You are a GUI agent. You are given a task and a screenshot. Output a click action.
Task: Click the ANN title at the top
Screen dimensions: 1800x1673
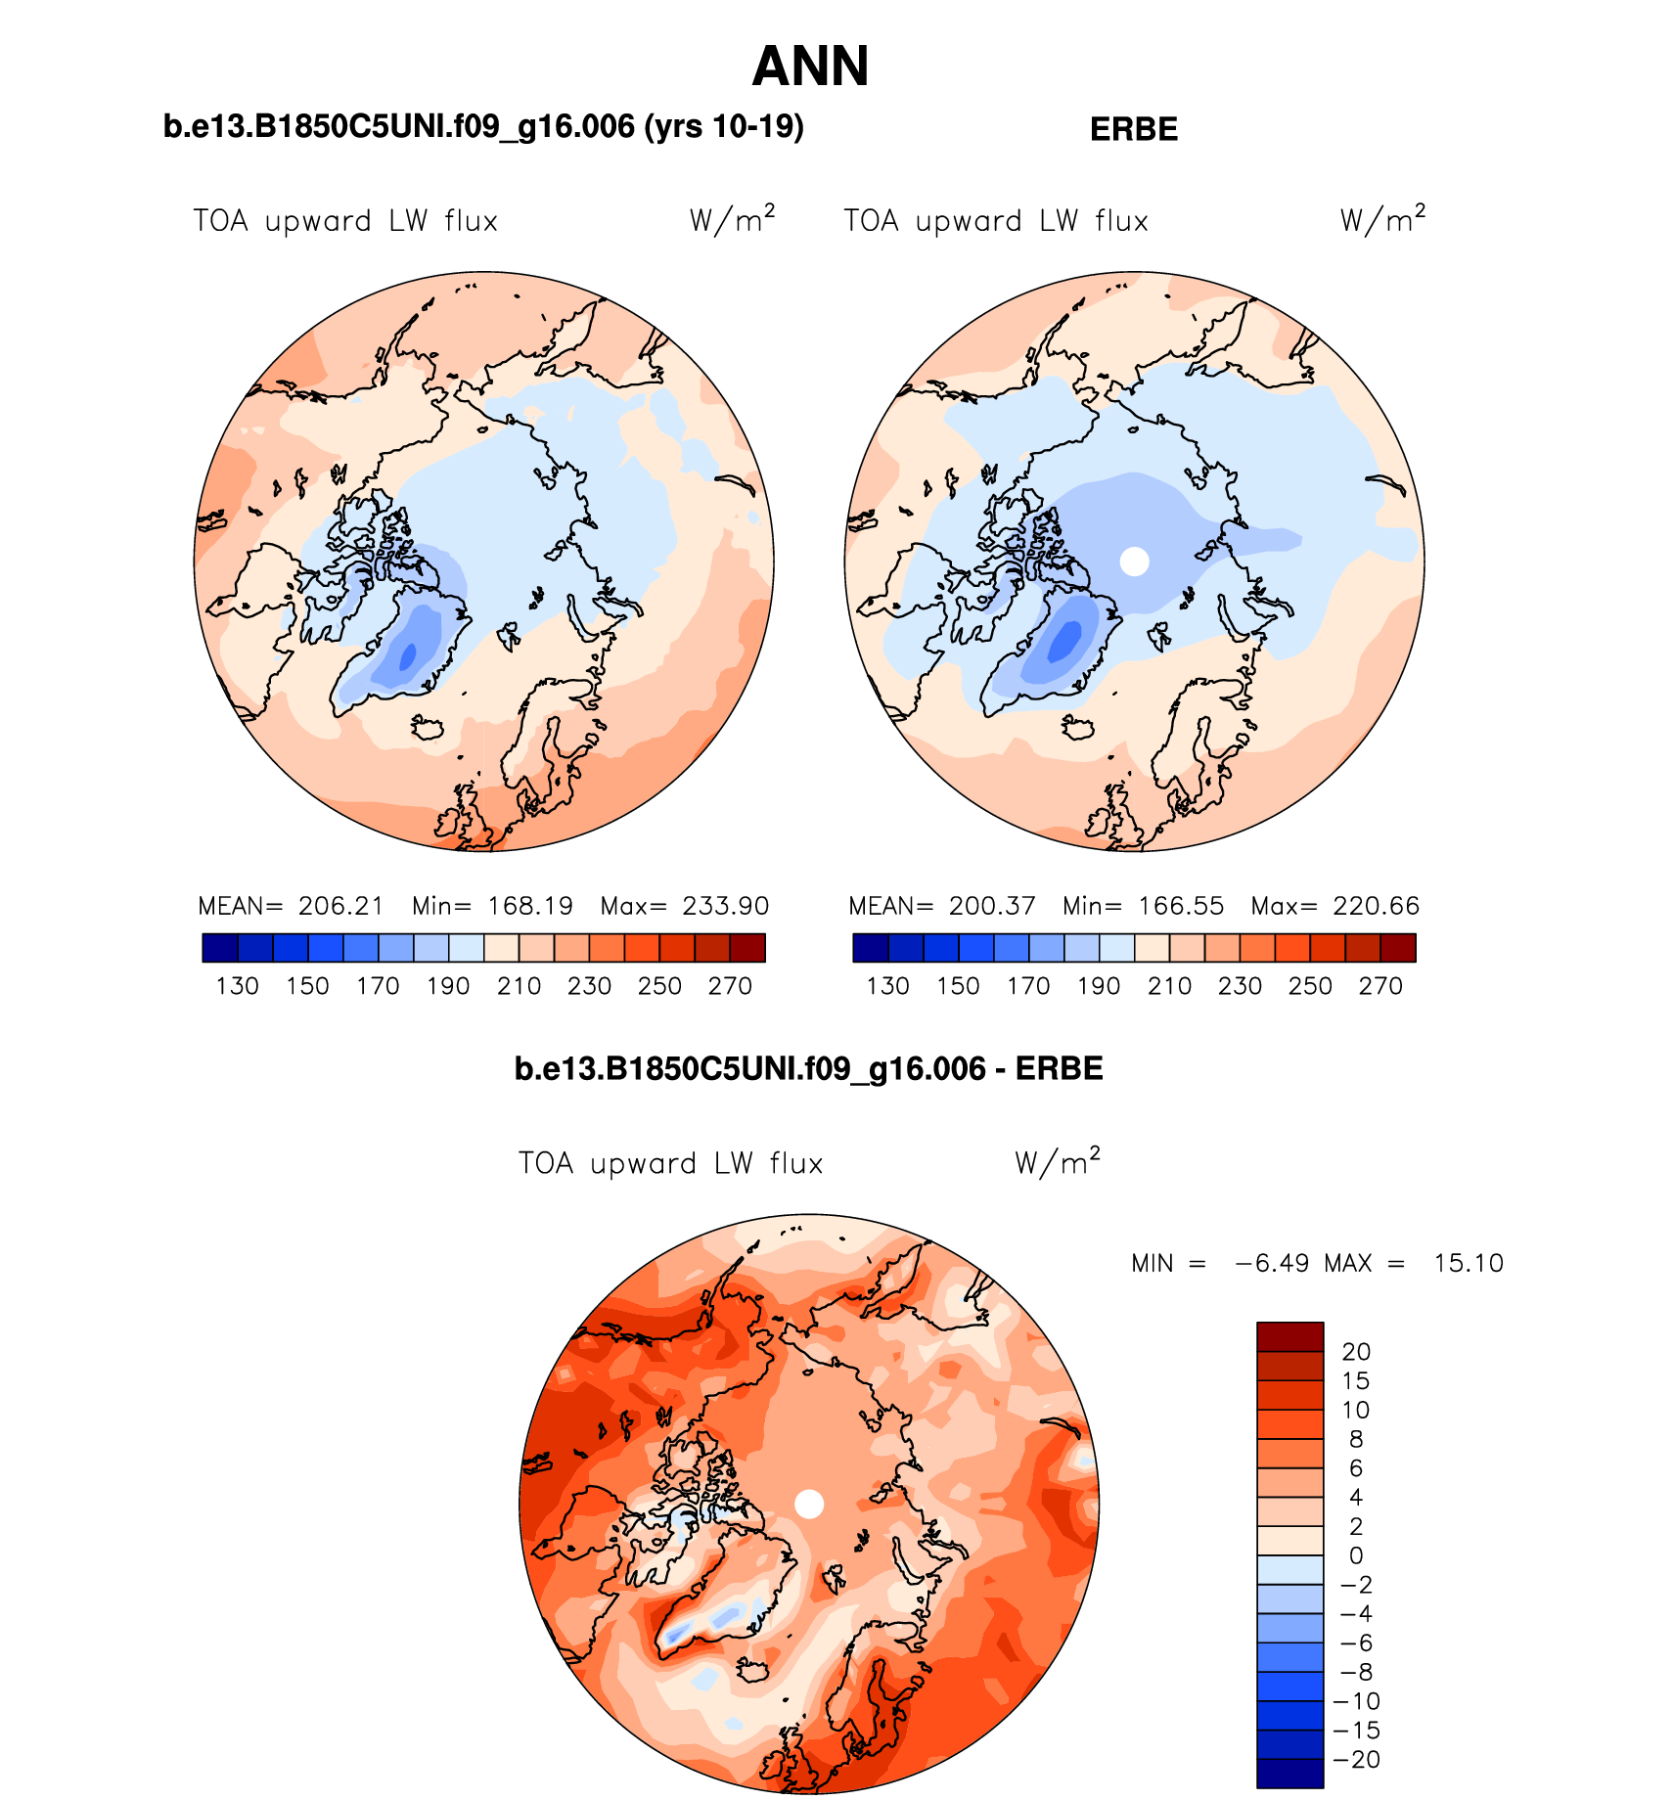click(x=810, y=67)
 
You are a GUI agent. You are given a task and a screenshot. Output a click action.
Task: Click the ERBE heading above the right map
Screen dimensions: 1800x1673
click(x=1133, y=129)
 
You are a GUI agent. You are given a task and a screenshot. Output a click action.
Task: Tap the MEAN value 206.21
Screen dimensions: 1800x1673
click(x=340, y=906)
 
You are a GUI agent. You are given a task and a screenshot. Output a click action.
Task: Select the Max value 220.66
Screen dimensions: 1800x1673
click(x=1376, y=906)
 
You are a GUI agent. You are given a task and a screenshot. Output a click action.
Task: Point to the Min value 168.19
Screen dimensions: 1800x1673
click(x=530, y=906)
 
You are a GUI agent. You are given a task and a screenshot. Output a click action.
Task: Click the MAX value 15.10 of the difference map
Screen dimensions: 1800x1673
click(x=1468, y=1263)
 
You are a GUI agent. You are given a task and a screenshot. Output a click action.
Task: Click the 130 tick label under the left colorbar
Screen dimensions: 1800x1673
click(x=237, y=986)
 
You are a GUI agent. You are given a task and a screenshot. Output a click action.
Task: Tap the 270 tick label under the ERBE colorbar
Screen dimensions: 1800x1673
click(x=1380, y=986)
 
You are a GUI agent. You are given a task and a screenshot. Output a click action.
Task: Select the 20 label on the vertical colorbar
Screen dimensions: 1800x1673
click(x=1356, y=1352)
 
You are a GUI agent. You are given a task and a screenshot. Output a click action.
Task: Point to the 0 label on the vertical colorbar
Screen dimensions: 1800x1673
click(x=1356, y=1555)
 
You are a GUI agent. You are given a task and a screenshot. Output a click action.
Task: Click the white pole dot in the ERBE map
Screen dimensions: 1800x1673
click(x=1134, y=562)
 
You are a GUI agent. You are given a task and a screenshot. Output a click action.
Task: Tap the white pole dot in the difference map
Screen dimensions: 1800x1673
click(x=809, y=1504)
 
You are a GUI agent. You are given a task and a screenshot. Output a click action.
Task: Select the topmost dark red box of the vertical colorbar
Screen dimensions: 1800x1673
click(x=1289, y=1337)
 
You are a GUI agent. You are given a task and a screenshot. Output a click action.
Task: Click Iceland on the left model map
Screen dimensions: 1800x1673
click(x=428, y=728)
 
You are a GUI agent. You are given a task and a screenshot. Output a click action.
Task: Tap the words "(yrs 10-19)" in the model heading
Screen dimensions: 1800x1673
click(x=724, y=127)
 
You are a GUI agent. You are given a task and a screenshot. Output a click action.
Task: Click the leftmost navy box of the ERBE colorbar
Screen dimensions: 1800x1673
click(x=871, y=948)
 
